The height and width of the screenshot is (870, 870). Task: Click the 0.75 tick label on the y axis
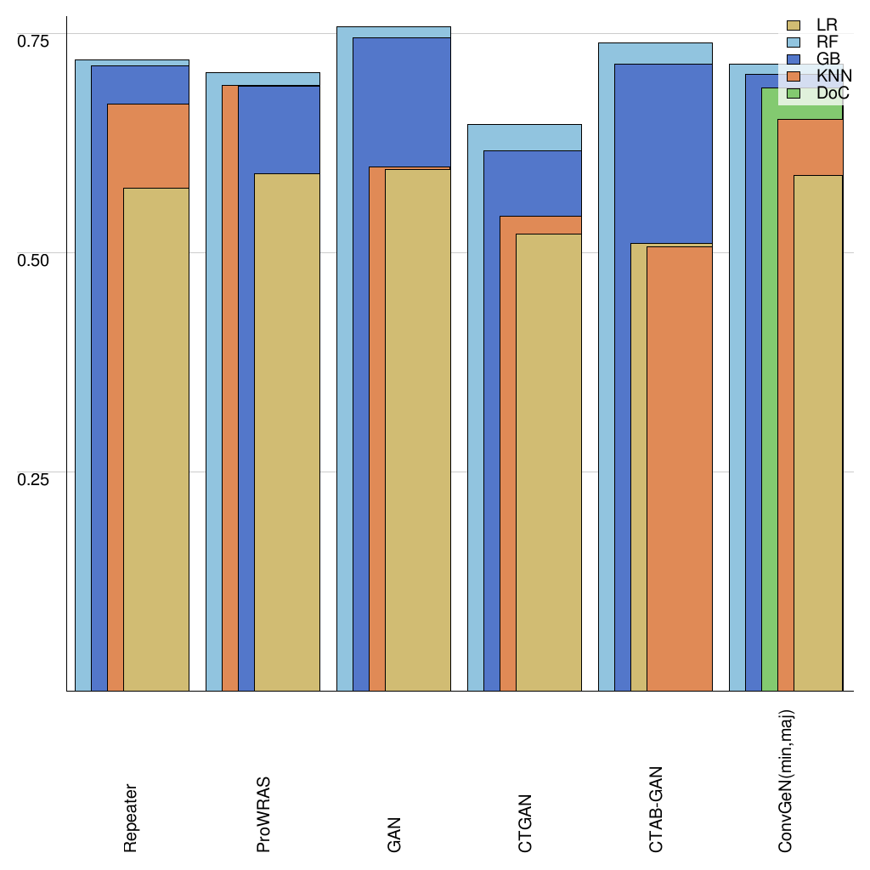(x=34, y=41)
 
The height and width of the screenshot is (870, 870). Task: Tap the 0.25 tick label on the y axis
(x=34, y=478)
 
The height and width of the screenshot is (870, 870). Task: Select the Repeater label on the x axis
(x=131, y=817)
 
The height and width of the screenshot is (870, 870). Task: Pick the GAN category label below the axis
(x=394, y=835)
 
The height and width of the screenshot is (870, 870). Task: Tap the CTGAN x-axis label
(x=525, y=823)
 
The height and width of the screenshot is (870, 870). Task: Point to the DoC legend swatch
(x=795, y=93)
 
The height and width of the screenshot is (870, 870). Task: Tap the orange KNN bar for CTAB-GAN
(x=679, y=467)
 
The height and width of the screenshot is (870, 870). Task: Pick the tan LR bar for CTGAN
(x=549, y=462)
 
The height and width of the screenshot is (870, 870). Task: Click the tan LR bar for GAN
(x=418, y=430)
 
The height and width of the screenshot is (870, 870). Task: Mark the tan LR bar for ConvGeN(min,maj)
(x=817, y=433)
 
